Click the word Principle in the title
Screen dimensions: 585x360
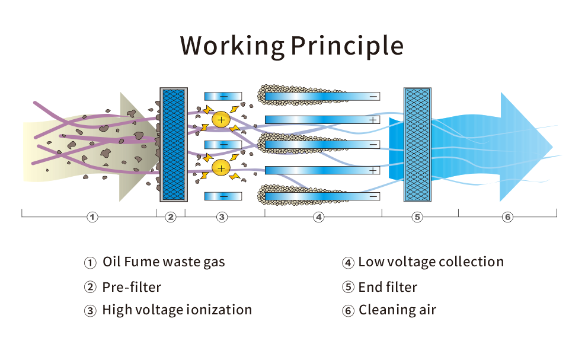point(347,46)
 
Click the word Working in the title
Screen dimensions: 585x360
point(232,46)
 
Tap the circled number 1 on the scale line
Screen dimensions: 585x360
point(92,217)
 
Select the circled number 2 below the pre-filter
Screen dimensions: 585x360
point(171,217)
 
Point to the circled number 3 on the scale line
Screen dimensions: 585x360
point(222,217)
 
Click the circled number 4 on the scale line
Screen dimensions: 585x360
point(319,217)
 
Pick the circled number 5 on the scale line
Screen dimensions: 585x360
point(417,217)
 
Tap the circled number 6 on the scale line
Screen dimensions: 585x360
point(507,217)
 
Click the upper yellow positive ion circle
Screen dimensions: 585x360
point(221,119)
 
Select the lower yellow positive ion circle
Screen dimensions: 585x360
point(221,168)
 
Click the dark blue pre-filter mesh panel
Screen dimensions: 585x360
point(174,145)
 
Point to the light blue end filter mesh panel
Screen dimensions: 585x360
point(417,145)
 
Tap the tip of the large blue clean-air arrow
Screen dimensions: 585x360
point(552,146)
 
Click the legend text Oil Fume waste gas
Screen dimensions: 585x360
point(164,262)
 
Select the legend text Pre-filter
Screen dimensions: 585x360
point(132,287)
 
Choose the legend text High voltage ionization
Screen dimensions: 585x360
point(177,310)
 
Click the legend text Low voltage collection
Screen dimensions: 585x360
point(431,262)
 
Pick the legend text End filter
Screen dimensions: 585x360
point(388,287)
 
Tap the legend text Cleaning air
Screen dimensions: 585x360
point(397,310)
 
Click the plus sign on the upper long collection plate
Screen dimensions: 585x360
point(373,120)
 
